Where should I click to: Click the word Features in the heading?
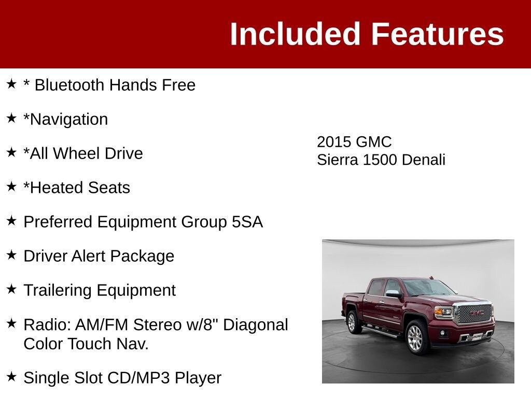(438, 34)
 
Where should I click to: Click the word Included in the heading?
(295, 34)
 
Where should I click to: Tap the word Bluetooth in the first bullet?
(69, 84)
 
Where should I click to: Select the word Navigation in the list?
(69, 119)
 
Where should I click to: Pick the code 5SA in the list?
(247, 222)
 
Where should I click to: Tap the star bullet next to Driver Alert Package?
(11, 255)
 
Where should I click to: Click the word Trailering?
(58, 290)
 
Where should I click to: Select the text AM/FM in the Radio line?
(102, 325)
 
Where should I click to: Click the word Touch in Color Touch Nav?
(90, 344)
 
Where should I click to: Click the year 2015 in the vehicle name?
(334, 142)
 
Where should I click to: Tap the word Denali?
(423, 160)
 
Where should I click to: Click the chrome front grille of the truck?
(474, 314)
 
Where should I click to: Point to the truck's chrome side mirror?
(394, 293)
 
